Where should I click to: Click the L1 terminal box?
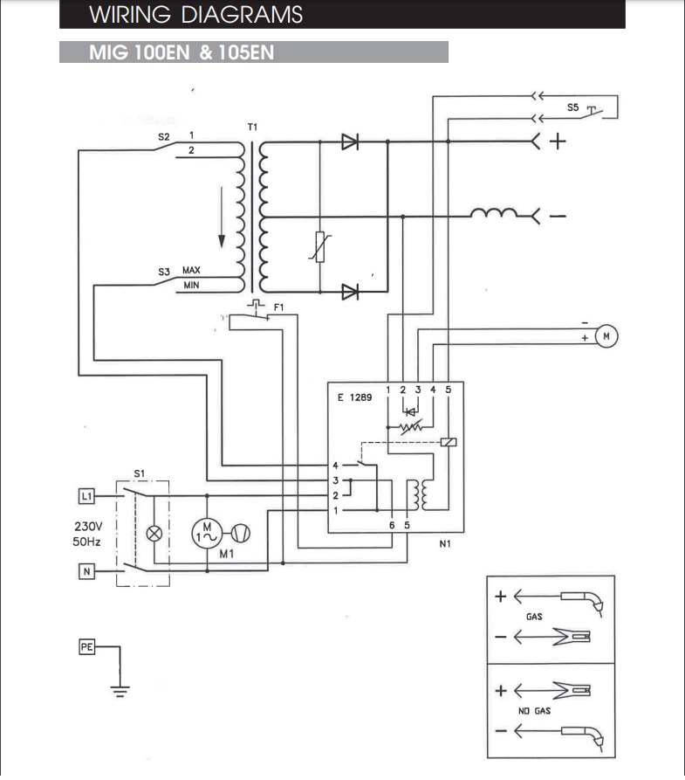[86, 496]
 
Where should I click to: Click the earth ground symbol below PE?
[120, 689]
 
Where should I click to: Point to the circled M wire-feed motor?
[605, 335]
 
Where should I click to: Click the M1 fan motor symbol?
[208, 531]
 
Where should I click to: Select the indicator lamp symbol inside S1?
[156, 533]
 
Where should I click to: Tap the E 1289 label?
[354, 397]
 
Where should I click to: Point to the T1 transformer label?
[253, 128]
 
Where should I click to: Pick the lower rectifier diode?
[351, 292]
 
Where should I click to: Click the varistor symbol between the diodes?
[319, 247]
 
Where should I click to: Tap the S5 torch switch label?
[572, 107]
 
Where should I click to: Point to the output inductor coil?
[493, 215]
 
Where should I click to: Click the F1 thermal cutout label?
[279, 307]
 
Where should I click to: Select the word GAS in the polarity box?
[534, 617]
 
